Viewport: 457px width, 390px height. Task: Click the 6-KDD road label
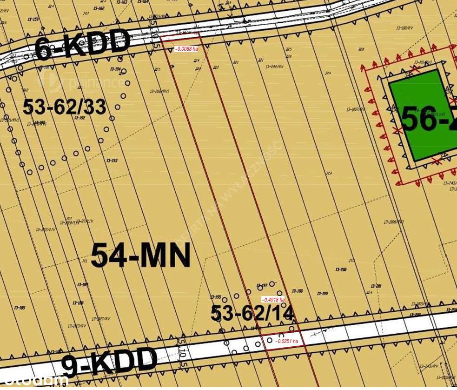(83, 44)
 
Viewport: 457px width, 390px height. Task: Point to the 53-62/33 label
(65, 108)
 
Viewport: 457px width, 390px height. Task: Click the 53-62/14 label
(252, 313)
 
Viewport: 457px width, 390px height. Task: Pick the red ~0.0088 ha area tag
(186, 48)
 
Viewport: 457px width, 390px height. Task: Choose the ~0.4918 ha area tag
(273, 300)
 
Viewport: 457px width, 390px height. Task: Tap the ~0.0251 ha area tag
(286, 341)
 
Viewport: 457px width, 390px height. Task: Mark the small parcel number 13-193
(112, 161)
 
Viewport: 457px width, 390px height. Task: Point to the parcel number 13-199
(322, 294)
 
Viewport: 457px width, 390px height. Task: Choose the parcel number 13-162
(98, 8)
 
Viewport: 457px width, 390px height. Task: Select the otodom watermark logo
(35, 381)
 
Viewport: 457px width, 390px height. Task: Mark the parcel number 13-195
(215, 297)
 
